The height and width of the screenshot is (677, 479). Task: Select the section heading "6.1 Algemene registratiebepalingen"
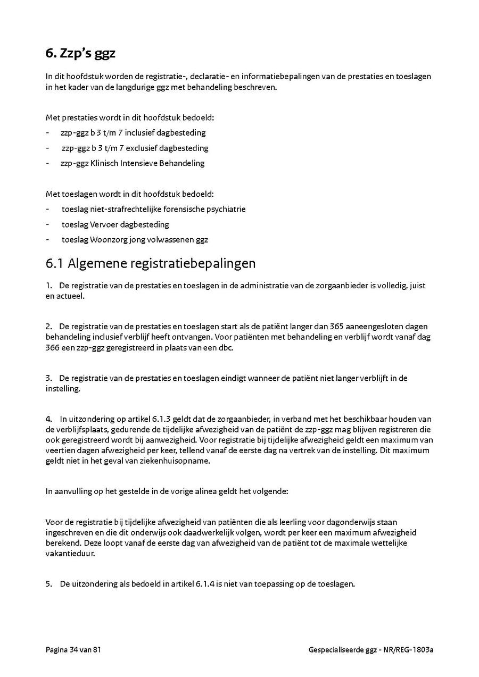151,263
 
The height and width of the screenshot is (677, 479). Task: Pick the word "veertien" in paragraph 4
60,450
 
